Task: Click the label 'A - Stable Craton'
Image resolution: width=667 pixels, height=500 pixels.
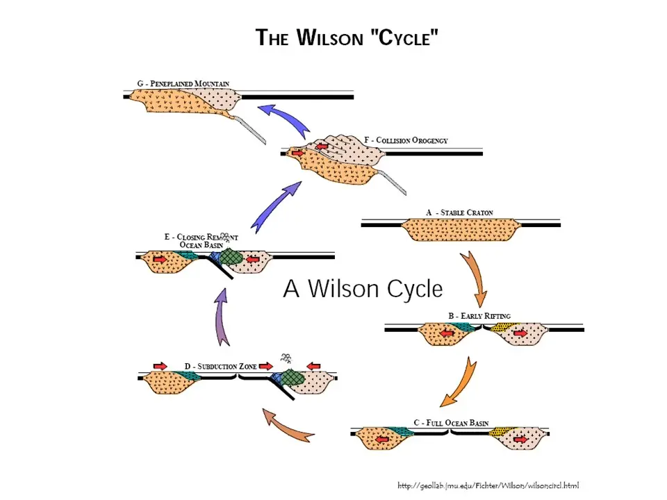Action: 460,212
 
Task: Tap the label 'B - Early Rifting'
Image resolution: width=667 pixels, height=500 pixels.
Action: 479,316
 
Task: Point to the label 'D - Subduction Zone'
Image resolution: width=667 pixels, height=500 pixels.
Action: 221,366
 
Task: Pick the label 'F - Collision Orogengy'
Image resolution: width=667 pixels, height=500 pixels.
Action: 406,140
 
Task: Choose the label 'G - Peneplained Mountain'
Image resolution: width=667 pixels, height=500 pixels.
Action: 183,83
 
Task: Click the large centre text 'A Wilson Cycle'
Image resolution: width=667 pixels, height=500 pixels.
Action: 363,288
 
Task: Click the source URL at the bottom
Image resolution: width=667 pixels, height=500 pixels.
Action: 488,485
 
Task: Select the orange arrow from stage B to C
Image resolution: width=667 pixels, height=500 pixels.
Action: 460,382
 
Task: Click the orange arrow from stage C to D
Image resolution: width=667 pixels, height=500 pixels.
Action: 288,426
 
